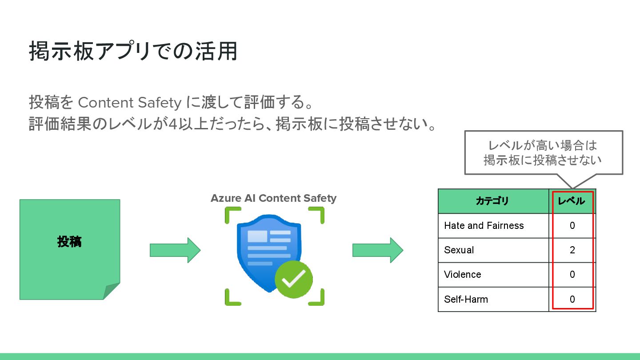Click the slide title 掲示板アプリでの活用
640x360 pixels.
pyautogui.click(x=133, y=52)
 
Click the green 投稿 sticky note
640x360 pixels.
pyautogui.click(x=69, y=242)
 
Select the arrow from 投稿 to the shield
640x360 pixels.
pyautogui.click(x=175, y=250)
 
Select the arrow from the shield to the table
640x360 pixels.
pyautogui.click(x=378, y=250)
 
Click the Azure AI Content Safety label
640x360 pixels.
pyautogui.click(x=273, y=198)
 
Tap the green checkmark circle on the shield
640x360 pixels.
pyautogui.click(x=293, y=279)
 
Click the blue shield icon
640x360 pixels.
pyautogui.click(x=262, y=249)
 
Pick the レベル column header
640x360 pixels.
pyautogui.click(x=572, y=201)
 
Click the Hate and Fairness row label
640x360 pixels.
pyautogui.click(x=484, y=226)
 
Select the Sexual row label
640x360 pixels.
pyautogui.click(x=459, y=250)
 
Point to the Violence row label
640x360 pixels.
pyautogui.click(x=462, y=275)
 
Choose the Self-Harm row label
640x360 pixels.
pyautogui.click(x=466, y=299)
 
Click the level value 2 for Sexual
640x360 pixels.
pyautogui.click(x=572, y=250)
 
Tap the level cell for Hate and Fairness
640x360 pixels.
pyautogui.click(x=572, y=226)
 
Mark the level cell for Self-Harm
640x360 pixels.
pyautogui.click(x=572, y=299)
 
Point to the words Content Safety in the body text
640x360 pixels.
pyautogui.click(x=129, y=103)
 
